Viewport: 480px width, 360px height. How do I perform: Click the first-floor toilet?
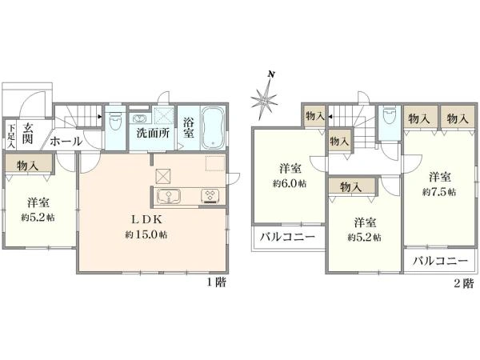click(x=114, y=123)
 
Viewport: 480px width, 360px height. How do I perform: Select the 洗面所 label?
click(x=151, y=133)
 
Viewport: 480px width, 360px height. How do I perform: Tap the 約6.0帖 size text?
click(x=290, y=184)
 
